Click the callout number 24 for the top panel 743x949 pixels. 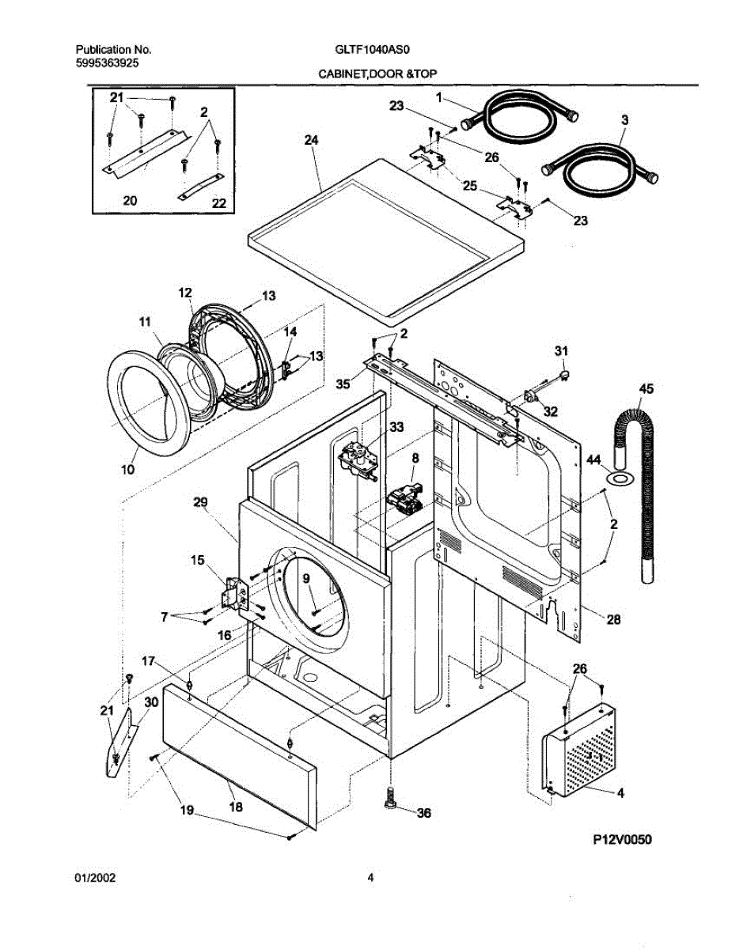click(310, 140)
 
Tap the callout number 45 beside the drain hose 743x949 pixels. click(646, 388)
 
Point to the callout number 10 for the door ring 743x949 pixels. click(127, 469)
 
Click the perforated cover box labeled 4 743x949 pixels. click(579, 751)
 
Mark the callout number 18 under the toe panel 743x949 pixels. click(236, 807)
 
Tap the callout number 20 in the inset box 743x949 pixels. click(130, 201)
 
